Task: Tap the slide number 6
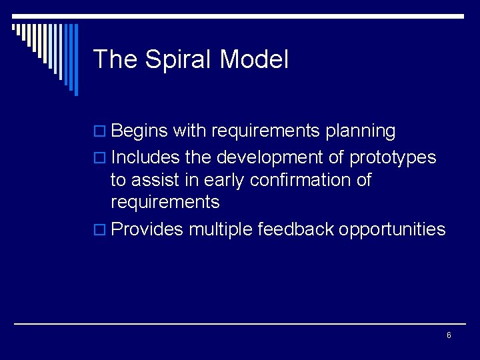click(449, 335)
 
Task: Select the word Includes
click(144, 158)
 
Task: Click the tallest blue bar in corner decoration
click(75, 59)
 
